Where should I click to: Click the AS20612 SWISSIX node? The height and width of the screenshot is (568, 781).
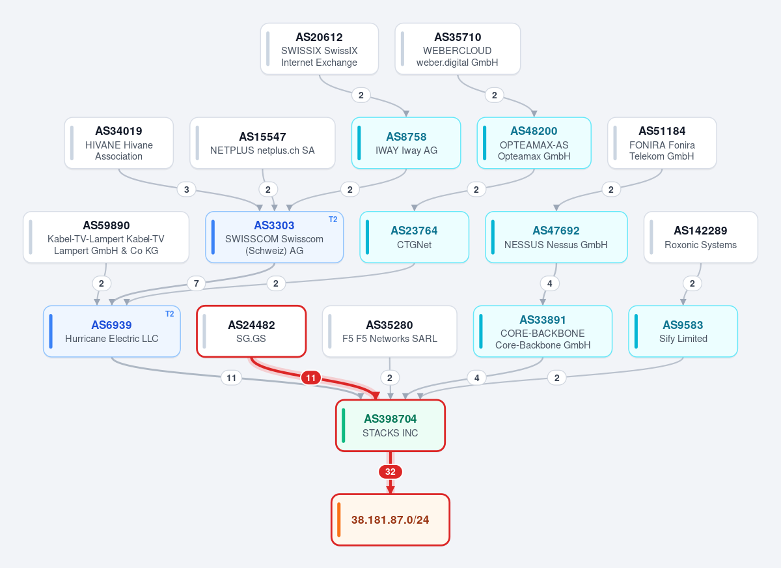pos(319,49)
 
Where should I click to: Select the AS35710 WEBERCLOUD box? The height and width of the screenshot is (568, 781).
pos(458,49)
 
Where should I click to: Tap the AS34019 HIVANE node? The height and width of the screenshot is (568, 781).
pos(119,143)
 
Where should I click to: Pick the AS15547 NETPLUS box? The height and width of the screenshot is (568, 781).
pos(262,143)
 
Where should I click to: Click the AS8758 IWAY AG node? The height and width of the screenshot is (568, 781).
pos(406,143)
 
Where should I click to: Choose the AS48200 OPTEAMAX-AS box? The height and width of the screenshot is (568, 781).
pos(534,143)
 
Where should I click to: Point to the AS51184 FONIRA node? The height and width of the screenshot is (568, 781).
pos(662,143)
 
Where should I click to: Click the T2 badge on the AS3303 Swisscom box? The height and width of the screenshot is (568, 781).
pos(333,220)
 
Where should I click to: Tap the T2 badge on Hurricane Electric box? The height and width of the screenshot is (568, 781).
pos(169,314)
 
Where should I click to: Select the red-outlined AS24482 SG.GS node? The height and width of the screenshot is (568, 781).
pos(251,332)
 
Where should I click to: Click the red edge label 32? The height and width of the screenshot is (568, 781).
pos(390,472)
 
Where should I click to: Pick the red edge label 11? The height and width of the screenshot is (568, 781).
pos(310,378)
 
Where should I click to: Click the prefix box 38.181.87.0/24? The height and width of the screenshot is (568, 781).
pos(390,520)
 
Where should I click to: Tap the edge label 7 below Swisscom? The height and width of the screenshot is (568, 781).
pos(197,283)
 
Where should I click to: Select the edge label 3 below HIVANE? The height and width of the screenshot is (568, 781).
pos(187,190)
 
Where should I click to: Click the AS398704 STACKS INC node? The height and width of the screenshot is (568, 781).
pos(390,425)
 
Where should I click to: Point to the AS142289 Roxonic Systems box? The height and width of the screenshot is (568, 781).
pos(700,237)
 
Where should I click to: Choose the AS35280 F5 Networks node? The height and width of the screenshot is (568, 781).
pos(389,332)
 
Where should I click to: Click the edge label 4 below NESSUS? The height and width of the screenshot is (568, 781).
pos(549,283)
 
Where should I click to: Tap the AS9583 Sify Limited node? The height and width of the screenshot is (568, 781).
pos(683,332)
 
